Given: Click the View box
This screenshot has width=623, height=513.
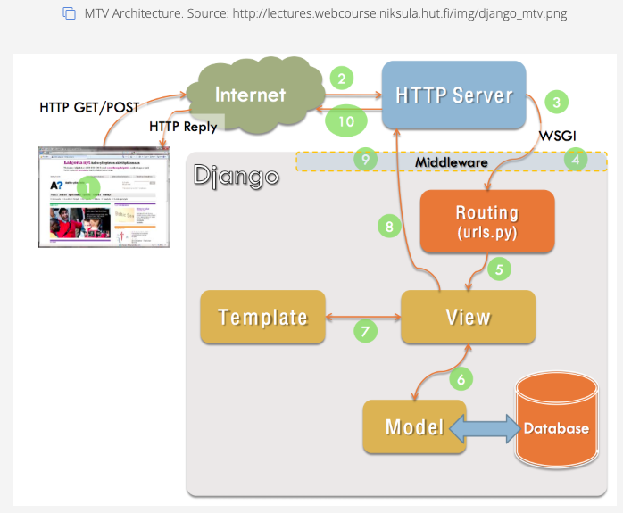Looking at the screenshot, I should (468, 317).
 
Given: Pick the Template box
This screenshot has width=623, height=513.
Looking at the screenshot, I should (262, 317).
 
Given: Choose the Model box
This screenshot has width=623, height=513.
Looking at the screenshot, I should (414, 426).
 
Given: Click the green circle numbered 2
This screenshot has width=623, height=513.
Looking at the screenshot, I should (343, 79).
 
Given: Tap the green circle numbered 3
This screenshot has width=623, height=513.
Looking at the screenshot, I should (557, 102).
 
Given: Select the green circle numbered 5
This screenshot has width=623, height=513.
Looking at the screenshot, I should (500, 268).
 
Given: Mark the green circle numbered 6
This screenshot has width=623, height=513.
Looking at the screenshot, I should (461, 378).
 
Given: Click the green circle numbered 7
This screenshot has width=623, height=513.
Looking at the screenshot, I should (364, 331).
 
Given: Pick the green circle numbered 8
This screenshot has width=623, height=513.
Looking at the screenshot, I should (388, 227).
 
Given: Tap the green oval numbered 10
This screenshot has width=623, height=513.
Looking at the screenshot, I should (345, 120).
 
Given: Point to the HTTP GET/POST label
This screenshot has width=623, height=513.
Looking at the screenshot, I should (89, 107).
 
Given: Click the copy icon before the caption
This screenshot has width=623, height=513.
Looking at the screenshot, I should (69, 13).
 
